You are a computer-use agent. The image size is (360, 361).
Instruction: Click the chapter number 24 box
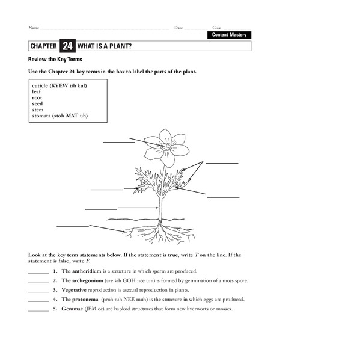[x=66, y=46]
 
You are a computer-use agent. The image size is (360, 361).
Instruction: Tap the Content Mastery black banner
[x=228, y=35]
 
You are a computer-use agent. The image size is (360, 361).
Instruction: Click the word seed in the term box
[x=37, y=103]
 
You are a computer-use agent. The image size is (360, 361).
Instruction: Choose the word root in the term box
[x=37, y=97]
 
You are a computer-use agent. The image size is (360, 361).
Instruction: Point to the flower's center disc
[x=168, y=146]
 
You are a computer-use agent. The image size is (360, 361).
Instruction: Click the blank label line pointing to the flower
[x=118, y=143]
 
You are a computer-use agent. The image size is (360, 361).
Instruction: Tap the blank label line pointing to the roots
[x=72, y=226]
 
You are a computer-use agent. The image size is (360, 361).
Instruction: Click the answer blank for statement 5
[x=38, y=310]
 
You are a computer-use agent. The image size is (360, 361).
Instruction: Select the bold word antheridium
[x=86, y=271]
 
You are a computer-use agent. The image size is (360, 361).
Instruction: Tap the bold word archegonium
[x=87, y=280]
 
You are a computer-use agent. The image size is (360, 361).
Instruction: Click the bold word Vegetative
[x=75, y=290]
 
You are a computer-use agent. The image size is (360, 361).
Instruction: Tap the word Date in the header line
[x=178, y=28]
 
